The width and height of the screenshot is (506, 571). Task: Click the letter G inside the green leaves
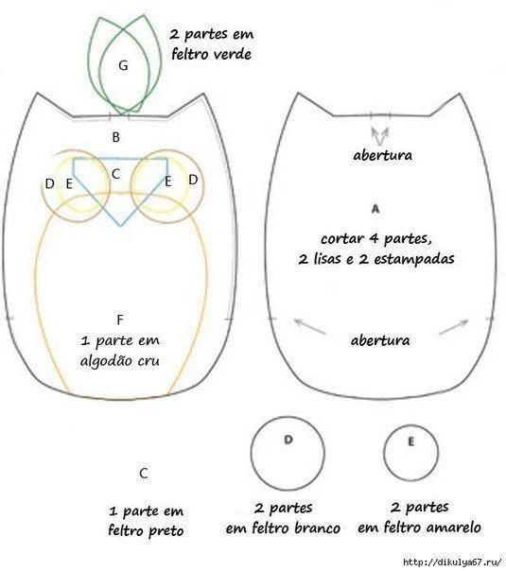[x=123, y=65]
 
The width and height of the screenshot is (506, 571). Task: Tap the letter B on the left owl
[x=115, y=137]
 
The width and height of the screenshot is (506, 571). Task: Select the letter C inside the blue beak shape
[x=115, y=174]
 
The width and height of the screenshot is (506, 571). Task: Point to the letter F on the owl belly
[x=120, y=320]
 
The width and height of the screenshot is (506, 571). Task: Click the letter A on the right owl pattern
[x=375, y=209]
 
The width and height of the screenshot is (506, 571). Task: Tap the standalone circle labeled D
[x=251, y=454]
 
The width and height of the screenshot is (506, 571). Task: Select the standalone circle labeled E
[x=384, y=453]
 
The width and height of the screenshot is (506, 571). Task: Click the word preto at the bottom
[x=166, y=531]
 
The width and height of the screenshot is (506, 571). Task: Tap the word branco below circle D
[x=317, y=528]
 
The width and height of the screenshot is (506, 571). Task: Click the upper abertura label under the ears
[x=382, y=155]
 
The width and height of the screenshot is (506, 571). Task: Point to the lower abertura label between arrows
[x=380, y=340]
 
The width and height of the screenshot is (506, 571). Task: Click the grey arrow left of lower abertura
[x=309, y=326]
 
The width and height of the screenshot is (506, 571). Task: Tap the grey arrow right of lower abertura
[x=454, y=327]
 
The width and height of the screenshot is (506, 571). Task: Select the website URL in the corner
[x=452, y=562]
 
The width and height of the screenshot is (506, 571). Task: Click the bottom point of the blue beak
[x=121, y=226]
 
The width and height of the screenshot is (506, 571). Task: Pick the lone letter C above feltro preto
[x=144, y=474]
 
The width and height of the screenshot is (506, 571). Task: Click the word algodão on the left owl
[x=105, y=361]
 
